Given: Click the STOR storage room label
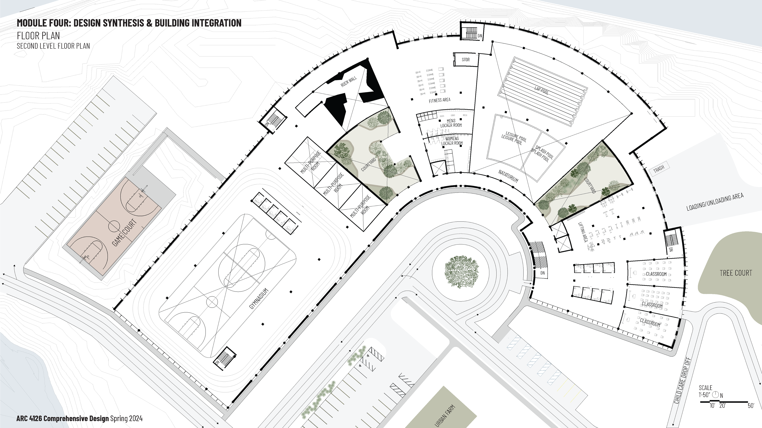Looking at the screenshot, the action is click(466, 59).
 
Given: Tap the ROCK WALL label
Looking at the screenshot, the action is click(349, 81).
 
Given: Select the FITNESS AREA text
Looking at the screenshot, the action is click(440, 100).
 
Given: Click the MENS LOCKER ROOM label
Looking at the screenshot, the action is click(451, 123).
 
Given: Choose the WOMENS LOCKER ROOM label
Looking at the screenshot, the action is click(452, 141).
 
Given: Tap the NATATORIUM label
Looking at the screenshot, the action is click(508, 176).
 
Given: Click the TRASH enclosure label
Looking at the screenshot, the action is click(659, 169).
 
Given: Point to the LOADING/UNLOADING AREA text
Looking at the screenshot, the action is click(715, 202).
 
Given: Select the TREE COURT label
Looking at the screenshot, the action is click(736, 273).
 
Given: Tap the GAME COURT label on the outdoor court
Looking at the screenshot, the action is click(125, 232).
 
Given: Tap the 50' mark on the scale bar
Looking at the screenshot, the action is click(751, 406).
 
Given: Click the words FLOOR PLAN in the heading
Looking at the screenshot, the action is click(38, 36).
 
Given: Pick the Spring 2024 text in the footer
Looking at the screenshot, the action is click(126, 418).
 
